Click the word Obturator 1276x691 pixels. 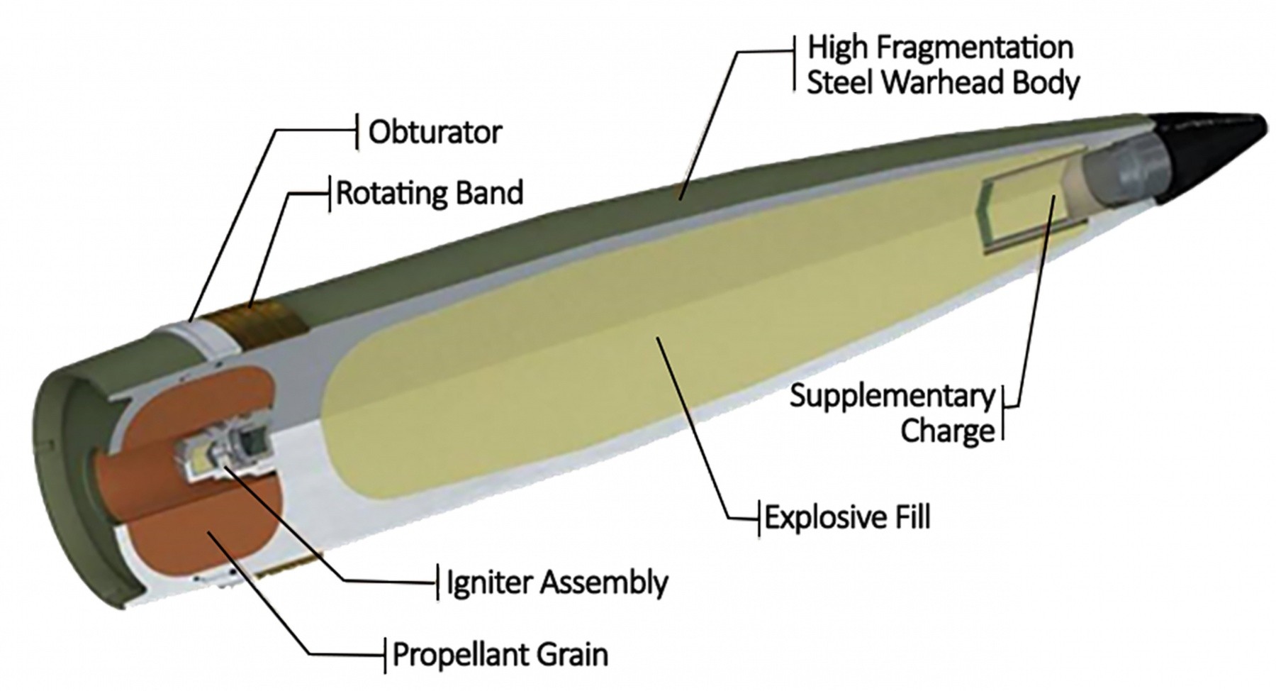point(435,133)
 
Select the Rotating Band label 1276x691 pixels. point(430,193)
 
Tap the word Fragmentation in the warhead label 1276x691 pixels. point(975,48)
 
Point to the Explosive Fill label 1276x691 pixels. point(847,518)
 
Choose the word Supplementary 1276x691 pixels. point(892,397)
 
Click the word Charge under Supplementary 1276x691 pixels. point(948,431)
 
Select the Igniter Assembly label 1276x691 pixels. point(556,583)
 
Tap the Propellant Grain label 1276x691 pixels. point(500,654)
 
